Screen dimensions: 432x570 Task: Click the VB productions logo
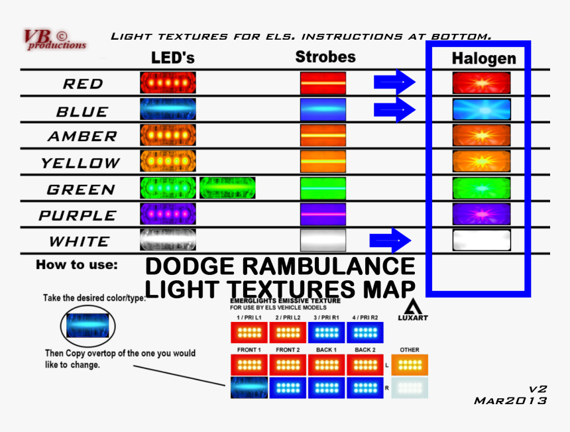[x=54, y=40]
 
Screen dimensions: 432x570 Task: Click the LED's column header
[x=172, y=58]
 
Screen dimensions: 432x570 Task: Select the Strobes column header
[x=325, y=57]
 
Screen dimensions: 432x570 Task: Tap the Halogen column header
[x=483, y=58]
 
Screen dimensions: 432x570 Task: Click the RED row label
[x=83, y=84]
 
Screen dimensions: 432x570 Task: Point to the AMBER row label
[x=82, y=136]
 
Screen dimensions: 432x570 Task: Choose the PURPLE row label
[x=78, y=215]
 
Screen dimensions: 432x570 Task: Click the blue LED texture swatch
[x=168, y=109]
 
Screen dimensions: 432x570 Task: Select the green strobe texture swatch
[x=323, y=188]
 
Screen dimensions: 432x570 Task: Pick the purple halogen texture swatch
[x=481, y=214]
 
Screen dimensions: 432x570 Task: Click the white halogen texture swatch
[x=481, y=240]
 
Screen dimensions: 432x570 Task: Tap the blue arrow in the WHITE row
[x=390, y=240]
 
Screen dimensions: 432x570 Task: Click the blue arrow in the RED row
[x=394, y=82]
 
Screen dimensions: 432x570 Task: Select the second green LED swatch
[x=227, y=188]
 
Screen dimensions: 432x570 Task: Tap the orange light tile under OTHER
[x=410, y=365]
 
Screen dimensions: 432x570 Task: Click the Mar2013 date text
[x=510, y=401]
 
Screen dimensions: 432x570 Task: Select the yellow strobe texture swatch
[x=323, y=162]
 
